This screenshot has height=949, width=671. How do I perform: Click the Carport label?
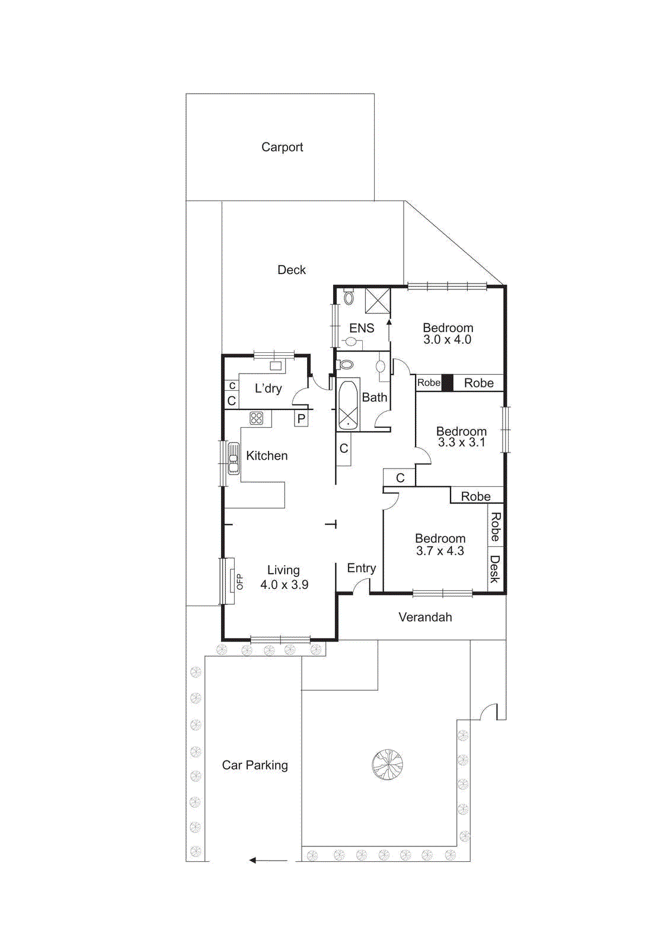click(x=282, y=147)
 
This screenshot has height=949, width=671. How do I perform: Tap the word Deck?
click(x=292, y=270)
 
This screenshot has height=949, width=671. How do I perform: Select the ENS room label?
click(x=362, y=328)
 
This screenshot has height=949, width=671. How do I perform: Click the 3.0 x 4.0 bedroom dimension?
click(x=447, y=340)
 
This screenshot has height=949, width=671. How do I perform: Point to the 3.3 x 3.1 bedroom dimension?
click(x=461, y=442)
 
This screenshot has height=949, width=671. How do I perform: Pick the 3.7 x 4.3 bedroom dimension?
click(x=440, y=551)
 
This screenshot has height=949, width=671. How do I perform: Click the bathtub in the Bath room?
click(x=348, y=405)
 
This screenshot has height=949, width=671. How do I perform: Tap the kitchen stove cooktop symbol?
click(x=256, y=418)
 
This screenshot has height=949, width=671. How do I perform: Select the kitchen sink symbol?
click(x=234, y=458)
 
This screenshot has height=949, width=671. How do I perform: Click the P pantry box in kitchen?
click(x=301, y=419)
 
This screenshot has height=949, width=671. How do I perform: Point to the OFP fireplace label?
click(x=239, y=582)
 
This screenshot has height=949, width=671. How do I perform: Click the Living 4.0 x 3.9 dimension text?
click(x=284, y=585)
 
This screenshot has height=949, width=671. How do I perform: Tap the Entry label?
click(x=361, y=568)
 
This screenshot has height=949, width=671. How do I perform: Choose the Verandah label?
click(x=425, y=617)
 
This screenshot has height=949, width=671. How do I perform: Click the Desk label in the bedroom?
click(x=495, y=569)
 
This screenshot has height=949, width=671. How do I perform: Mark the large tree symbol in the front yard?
click(x=387, y=765)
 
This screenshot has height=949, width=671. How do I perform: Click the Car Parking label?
click(x=255, y=765)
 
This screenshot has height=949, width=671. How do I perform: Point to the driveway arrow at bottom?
click(x=268, y=860)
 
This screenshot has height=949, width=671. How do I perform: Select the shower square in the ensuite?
click(x=378, y=300)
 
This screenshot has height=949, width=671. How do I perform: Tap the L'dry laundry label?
click(x=268, y=388)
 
